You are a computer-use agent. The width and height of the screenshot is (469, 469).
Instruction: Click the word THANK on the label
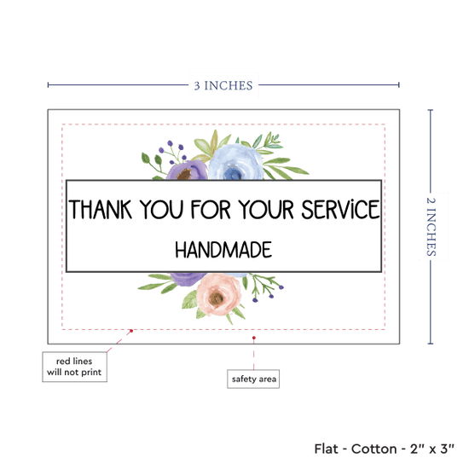tap(101, 210)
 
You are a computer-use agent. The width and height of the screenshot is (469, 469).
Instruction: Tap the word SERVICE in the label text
tap(340, 210)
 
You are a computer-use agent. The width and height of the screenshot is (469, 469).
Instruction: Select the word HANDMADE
tap(223, 250)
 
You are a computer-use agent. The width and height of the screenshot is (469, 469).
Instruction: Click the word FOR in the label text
tap(211, 210)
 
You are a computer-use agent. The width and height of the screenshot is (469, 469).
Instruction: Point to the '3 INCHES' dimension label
tap(223, 85)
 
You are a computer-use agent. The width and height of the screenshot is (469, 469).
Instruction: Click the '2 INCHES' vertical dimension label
tap(431, 227)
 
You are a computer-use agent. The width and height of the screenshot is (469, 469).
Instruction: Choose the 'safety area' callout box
tap(253, 379)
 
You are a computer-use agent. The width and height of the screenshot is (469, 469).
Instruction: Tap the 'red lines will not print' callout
tap(74, 367)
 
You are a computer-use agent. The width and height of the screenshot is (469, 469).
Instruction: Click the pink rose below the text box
tap(218, 294)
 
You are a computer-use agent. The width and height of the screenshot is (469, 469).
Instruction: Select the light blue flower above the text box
tap(235, 162)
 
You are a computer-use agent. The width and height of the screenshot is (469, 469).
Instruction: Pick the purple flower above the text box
tap(187, 171)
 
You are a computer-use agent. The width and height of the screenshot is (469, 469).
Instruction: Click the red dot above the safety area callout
tap(254, 338)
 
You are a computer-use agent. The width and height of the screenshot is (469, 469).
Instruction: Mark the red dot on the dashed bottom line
tap(131, 331)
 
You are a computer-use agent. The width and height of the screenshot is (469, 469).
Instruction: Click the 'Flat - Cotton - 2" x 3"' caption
tap(384, 449)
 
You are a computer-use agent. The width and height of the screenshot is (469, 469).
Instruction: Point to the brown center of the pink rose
tap(216, 298)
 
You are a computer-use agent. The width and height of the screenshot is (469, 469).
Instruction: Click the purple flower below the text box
tap(188, 279)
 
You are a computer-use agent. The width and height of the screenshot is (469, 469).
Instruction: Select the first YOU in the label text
tap(161, 210)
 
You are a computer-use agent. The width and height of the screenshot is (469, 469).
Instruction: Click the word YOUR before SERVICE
tap(266, 210)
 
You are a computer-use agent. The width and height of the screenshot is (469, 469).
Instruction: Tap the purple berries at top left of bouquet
tap(172, 152)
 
